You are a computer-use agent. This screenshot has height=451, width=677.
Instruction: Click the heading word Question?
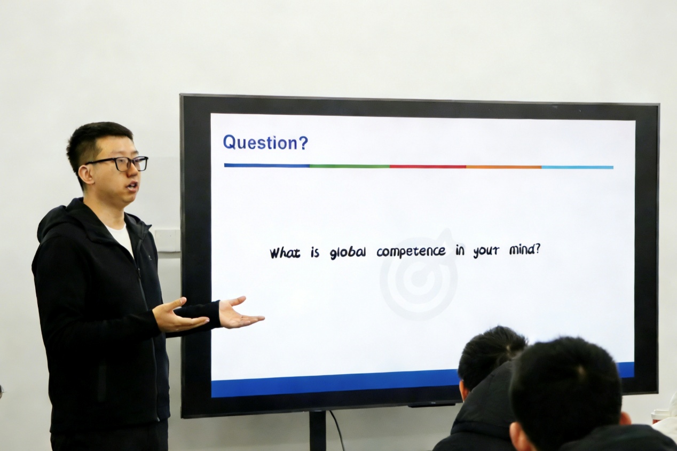pyautogui.click(x=265, y=143)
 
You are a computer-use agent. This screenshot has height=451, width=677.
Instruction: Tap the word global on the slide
pyautogui.click(x=348, y=252)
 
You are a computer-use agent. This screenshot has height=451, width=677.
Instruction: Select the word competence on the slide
pyautogui.click(x=411, y=251)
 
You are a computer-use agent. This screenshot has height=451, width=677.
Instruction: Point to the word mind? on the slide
pyautogui.click(x=524, y=250)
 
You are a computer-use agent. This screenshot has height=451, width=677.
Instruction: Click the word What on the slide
pyautogui.click(x=285, y=252)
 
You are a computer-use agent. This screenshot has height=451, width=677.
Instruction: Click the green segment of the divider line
pyautogui.click(x=350, y=166)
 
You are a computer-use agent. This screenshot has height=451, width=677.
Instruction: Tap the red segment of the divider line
pyautogui.click(x=428, y=167)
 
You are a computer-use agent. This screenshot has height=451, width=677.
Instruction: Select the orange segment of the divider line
pyautogui.click(x=504, y=167)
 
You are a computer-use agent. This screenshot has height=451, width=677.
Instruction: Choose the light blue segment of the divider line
pyautogui.click(x=578, y=167)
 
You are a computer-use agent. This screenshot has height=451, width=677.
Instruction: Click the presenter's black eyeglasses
pyautogui.click(x=121, y=164)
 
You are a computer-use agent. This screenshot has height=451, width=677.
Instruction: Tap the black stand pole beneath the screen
pyautogui.click(x=318, y=431)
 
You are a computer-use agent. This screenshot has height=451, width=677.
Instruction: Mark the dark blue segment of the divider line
pyautogui.click(x=267, y=165)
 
